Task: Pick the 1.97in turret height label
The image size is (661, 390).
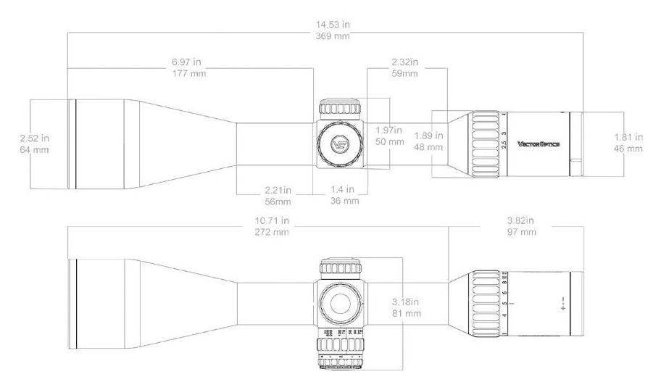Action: pyautogui.click(x=389, y=130)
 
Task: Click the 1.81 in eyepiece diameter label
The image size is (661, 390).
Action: pyautogui.click(x=628, y=137)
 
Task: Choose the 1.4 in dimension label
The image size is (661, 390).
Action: pyautogui.click(x=344, y=190)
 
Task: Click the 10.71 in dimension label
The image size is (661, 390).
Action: pyautogui.click(x=272, y=220)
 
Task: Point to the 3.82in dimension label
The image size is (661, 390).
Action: pyautogui.click(x=521, y=220)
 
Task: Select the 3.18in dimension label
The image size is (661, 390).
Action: pyautogui.click(x=405, y=302)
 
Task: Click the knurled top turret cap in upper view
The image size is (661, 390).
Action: pyautogui.click(x=340, y=108)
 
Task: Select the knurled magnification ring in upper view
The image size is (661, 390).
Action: pyautogui.click(x=483, y=144)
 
